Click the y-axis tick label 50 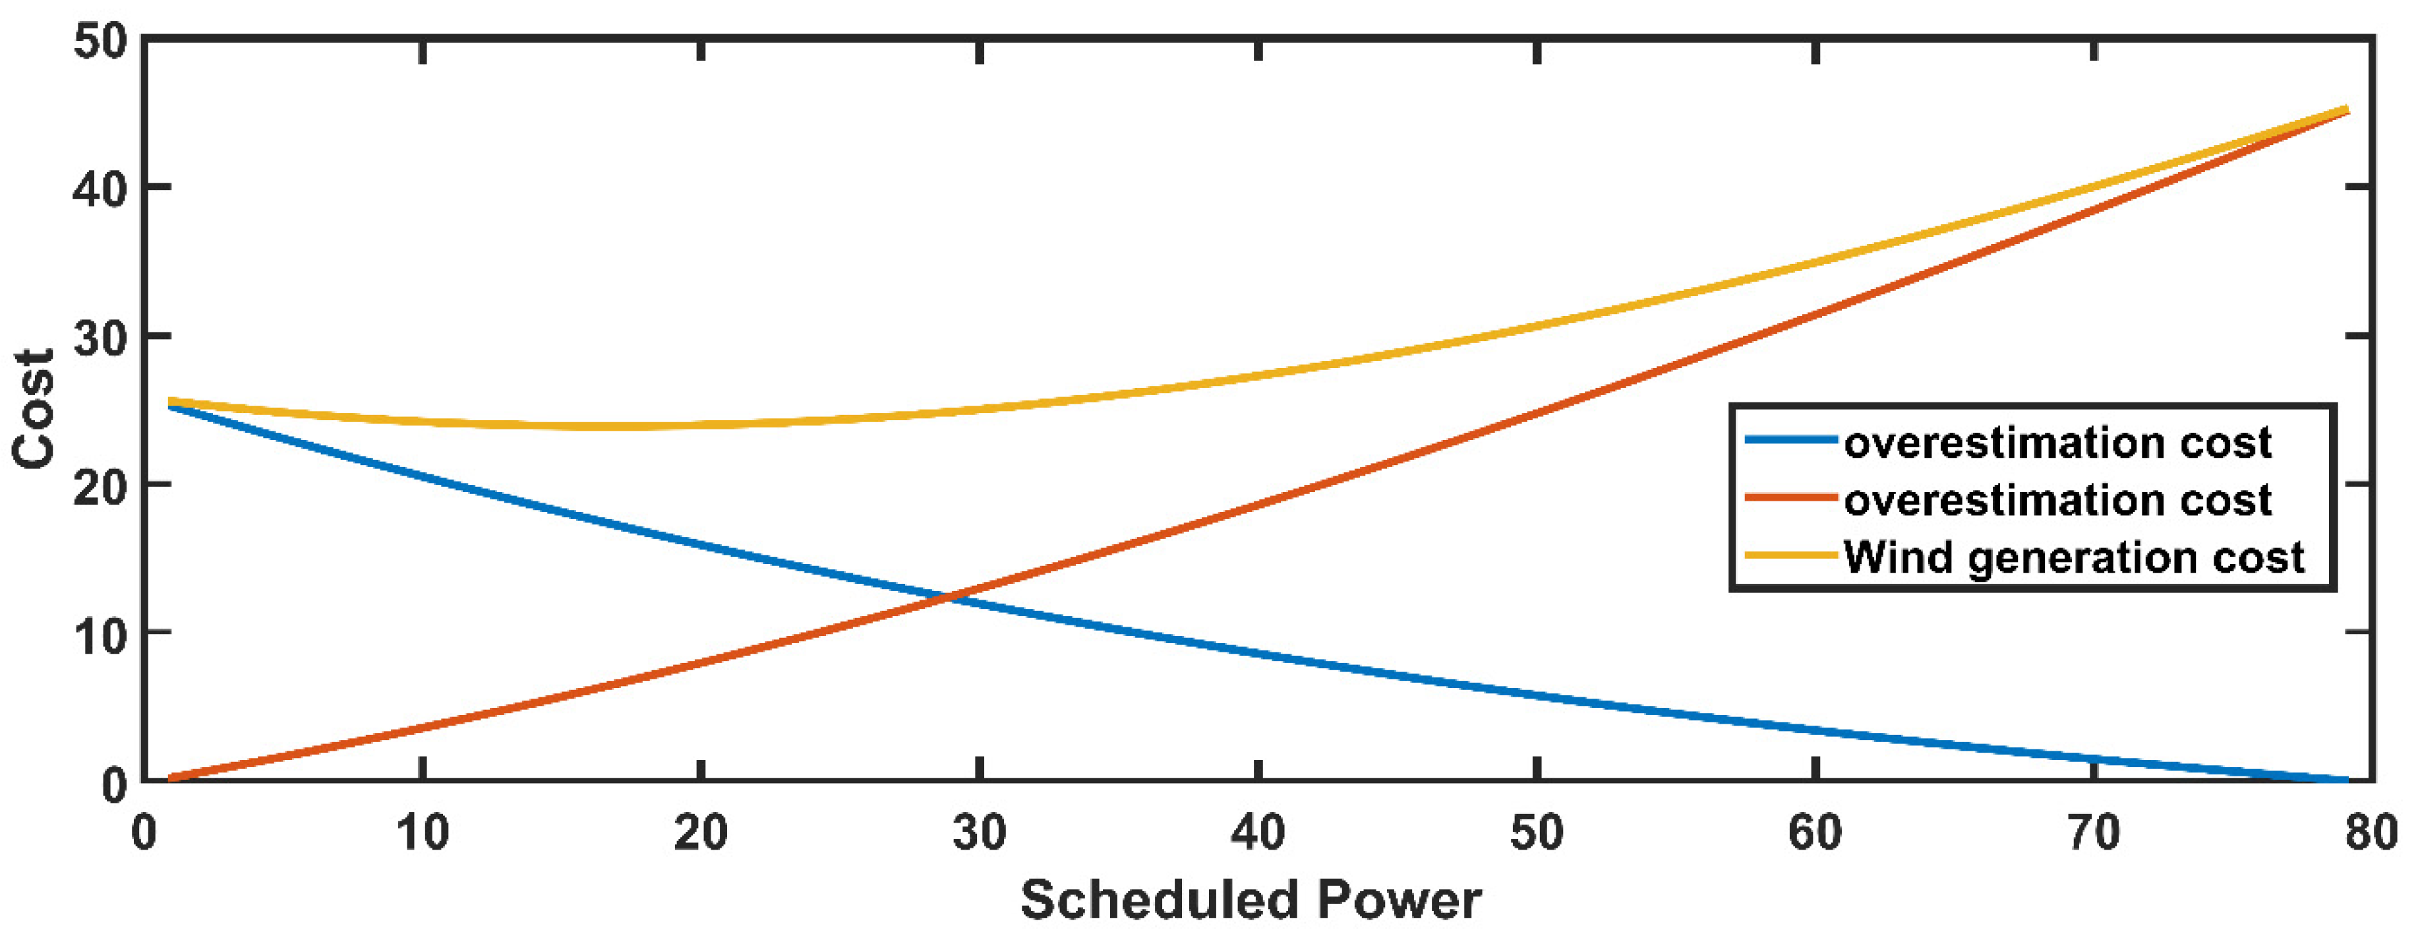[x=99, y=43]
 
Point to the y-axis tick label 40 [x=99, y=190]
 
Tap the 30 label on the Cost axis [x=99, y=338]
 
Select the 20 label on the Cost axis [x=99, y=486]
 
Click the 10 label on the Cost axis [x=99, y=637]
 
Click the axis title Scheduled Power [x=1251, y=900]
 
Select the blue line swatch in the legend [x=1790, y=439]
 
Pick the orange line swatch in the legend [x=1790, y=498]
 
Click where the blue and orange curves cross [x=950, y=596]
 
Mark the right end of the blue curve [x=2345, y=780]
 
